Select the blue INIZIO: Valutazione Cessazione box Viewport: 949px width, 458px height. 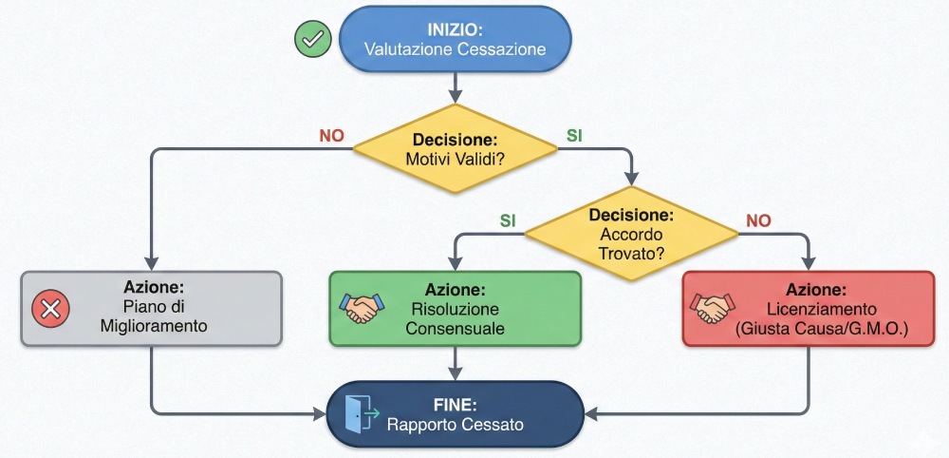[456, 39]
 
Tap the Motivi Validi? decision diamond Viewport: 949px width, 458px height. [456, 148]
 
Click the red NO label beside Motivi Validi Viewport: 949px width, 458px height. [331, 136]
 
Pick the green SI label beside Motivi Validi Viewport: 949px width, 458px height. [574, 136]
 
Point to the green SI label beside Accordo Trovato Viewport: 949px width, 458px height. [508, 219]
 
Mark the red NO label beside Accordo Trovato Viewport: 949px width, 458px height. [758, 219]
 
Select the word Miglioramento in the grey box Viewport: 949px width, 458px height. [154, 327]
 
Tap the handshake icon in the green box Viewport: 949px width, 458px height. [361, 307]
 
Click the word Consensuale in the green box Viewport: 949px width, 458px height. [456, 329]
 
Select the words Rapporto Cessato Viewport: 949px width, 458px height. [456, 425]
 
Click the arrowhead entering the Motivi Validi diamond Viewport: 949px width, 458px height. [456, 98]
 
